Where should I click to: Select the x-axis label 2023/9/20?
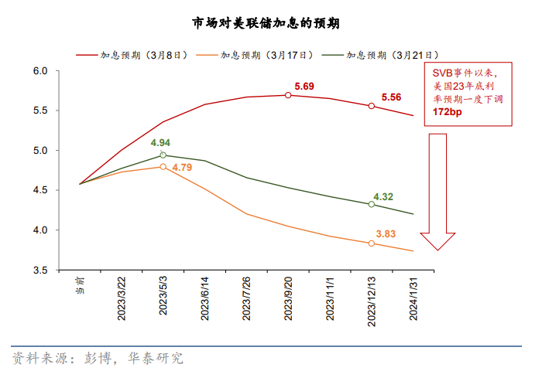[x=288, y=298]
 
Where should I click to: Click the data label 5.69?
[x=304, y=86]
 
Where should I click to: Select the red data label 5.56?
[x=391, y=97]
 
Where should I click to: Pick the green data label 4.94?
[x=160, y=143]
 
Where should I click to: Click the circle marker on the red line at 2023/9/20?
[x=288, y=95]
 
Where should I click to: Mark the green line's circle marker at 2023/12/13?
[x=372, y=204]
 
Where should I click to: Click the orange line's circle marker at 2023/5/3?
[x=163, y=166]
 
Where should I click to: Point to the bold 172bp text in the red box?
[x=448, y=112]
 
